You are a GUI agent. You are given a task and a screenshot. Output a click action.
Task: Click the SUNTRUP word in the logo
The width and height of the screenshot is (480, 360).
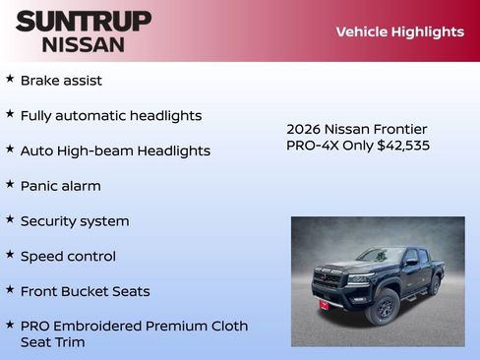84,21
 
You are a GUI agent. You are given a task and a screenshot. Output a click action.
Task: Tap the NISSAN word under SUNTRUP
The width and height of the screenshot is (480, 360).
84,43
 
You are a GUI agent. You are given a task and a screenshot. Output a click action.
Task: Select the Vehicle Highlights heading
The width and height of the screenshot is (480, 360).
399,31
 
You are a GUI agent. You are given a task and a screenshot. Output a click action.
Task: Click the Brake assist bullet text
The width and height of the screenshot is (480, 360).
61,80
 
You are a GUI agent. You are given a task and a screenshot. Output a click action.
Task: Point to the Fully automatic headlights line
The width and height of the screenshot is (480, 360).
110,115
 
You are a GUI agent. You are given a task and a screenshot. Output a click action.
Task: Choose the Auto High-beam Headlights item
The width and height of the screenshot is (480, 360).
115,150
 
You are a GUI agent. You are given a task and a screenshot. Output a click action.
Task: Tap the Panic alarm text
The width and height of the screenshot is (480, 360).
60,186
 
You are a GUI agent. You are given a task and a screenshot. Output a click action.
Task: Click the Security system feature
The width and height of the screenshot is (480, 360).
75,221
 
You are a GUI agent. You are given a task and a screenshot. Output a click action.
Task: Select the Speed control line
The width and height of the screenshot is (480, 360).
68,257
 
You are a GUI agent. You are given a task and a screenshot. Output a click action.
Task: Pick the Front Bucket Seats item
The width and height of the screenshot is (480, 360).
85,291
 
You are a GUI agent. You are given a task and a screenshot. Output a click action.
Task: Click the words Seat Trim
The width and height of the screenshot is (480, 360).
52,342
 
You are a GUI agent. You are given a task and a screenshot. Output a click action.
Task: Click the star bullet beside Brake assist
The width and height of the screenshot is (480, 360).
10,79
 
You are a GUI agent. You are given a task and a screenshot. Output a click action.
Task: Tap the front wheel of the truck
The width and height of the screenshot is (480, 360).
384,307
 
